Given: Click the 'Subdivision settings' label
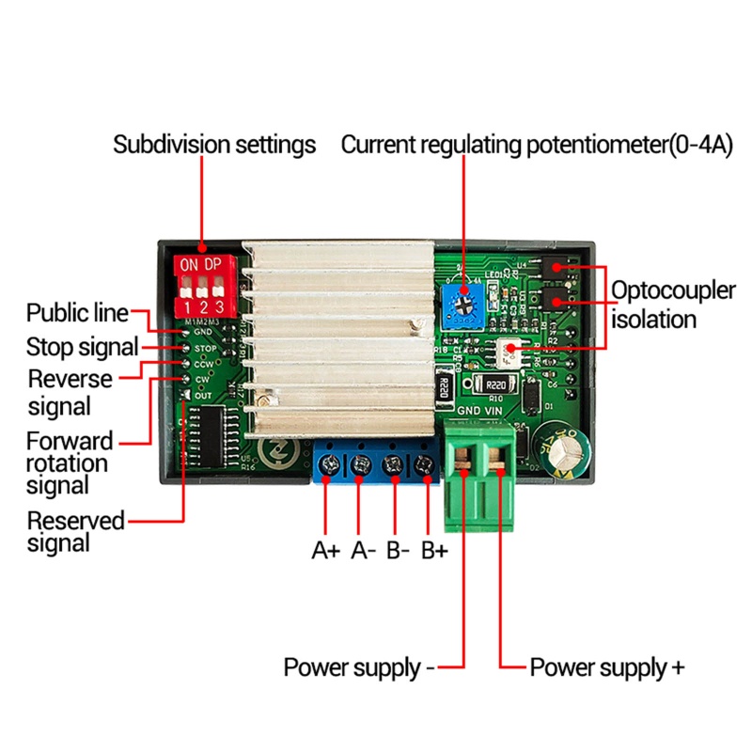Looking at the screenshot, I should click(x=214, y=146).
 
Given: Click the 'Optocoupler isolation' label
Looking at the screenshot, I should click(x=672, y=305).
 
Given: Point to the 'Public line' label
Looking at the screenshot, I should click(x=77, y=312).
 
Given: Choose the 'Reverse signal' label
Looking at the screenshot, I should click(x=70, y=392).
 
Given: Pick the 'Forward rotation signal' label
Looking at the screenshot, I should click(x=70, y=462).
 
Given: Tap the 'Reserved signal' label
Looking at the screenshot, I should click(x=75, y=531).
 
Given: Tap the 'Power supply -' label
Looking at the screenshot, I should click(x=359, y=668).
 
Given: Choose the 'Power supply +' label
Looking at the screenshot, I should click(x=607, y=668).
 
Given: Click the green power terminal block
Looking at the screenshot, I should click(x=481, y=475).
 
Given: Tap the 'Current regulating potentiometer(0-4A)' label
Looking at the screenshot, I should click(x=536, y=146).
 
